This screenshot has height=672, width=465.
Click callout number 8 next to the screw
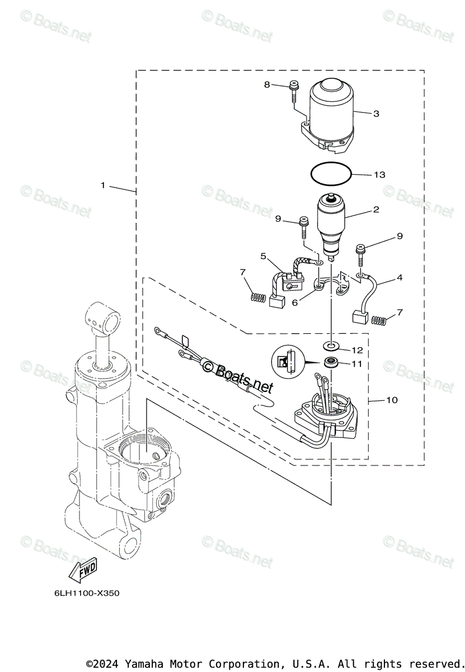[267, 85]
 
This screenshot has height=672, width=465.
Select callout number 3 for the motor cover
[376, 113]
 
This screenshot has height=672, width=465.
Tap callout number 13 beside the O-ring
[379, 175]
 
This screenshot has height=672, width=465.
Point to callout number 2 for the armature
[376, 210]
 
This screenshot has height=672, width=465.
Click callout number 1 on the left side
[103, 185]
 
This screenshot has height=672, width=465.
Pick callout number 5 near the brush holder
[262, 256]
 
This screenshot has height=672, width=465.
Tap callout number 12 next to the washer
[357, 350]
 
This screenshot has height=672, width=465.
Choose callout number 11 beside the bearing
[357, 364]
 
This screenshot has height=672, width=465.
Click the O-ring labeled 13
[331, 174]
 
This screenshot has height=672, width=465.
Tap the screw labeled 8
[294, 92]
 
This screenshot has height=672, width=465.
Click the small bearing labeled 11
[332, 361]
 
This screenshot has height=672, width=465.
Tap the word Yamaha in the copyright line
[141, 663]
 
